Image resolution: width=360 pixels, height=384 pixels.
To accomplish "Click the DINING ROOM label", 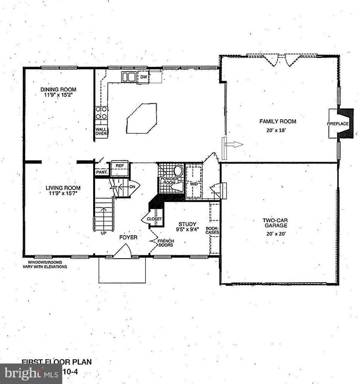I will tap(58, 89).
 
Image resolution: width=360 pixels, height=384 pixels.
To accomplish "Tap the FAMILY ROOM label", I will tap(278, 121).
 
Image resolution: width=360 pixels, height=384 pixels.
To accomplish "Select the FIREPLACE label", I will tap(338, 124).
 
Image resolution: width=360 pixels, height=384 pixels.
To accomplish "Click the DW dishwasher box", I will tap(143, 77).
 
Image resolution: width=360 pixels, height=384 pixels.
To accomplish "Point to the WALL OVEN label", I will tap(101, 131).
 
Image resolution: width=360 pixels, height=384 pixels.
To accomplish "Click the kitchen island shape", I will tap(141, 118).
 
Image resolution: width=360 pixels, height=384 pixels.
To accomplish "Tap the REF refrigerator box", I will tap(119, 166).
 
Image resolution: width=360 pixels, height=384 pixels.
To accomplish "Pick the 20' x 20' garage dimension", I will tap(276, 233).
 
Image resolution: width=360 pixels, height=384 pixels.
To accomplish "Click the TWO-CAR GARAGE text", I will tap(276, 223).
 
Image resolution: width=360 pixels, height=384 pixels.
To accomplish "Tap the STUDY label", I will tap(187, 224).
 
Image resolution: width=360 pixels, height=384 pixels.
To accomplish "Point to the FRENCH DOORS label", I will tap(165, 243).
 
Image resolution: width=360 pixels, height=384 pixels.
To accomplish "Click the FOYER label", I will tap(128, 237).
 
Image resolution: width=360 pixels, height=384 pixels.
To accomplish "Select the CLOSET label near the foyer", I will tap(154, 219).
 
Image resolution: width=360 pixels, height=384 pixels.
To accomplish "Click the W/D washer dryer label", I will tap(193, 183).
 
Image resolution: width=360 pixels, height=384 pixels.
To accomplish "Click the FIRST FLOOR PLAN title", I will tap(56, 362).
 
